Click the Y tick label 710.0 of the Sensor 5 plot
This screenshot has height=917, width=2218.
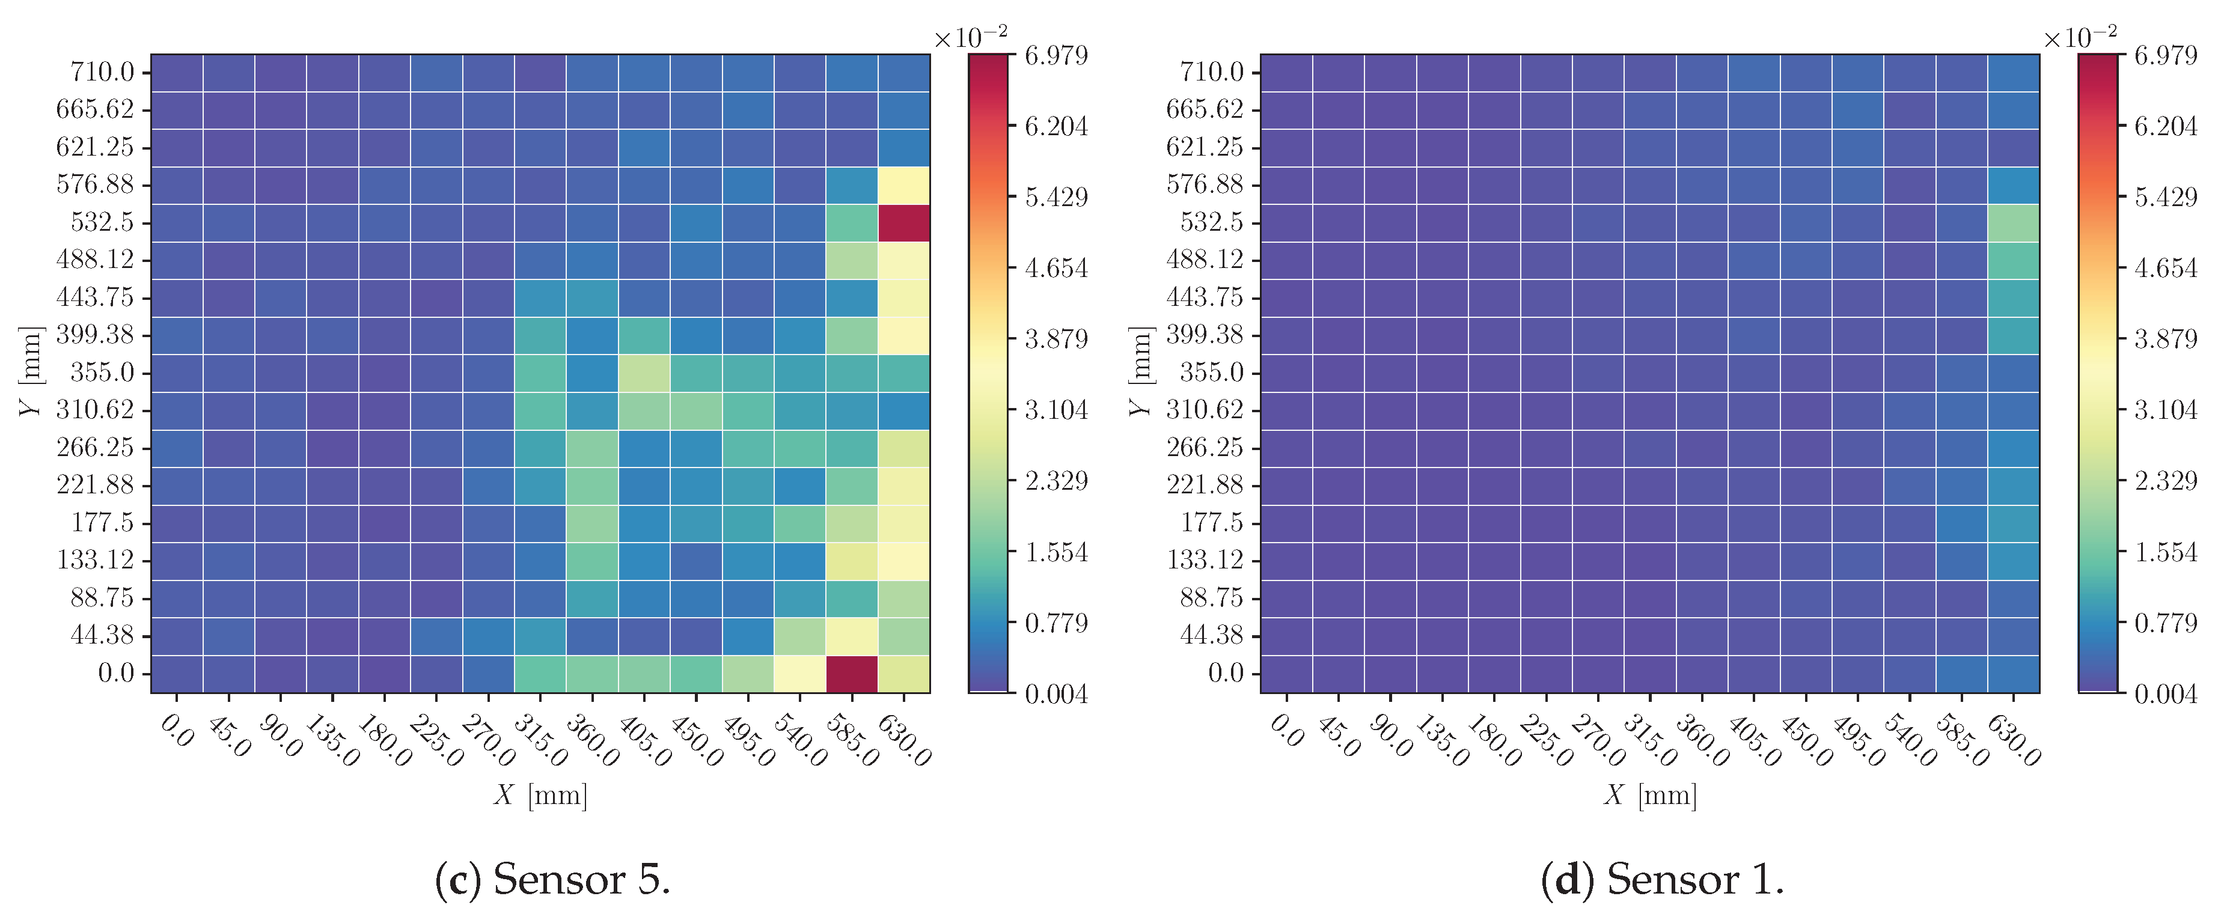pyautogui.click(x=102, y=72)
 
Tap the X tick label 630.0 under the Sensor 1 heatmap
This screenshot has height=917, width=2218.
pyautogui.click(x=2013, y=740)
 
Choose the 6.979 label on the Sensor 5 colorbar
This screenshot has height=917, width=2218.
pyautogui.click(x=1056, y=56)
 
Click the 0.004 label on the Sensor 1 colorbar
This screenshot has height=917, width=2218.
pyautogui.click(x=2166, y=694)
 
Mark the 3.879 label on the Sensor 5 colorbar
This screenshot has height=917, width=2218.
pyautogui.click(x=1056, y=340)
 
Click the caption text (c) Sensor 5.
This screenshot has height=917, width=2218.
pyautogui.click(x=553, y=879)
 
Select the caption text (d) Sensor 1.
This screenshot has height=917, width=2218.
pyautogui.click(x=1662, y=879)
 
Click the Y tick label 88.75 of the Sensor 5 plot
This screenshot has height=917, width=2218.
pyautogui.click(x=102, y=597)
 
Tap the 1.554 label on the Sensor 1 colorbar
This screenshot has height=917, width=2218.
pyautogui.click(x=2166, y=552)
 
